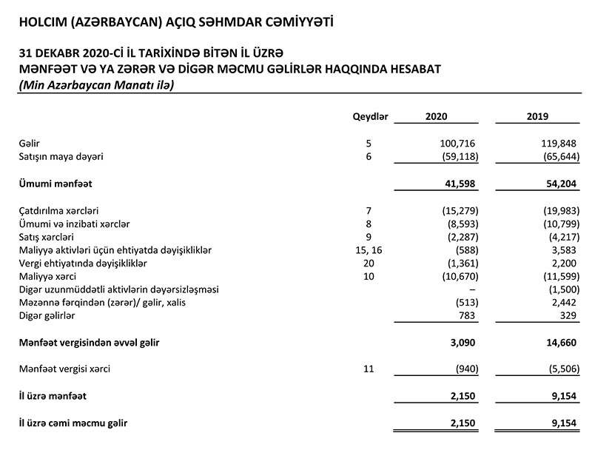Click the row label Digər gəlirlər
tap(47, 316)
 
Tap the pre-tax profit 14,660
tap(557, 343)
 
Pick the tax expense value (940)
tap(463, 369)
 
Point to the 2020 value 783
tap(467, 316)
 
